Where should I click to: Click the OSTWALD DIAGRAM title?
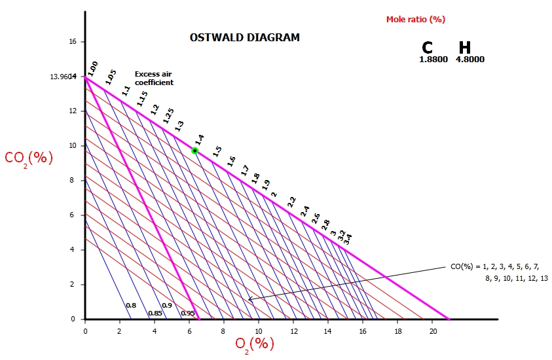coord(244,38)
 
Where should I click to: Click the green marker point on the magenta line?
coord(194,151)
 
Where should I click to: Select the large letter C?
coord(428,48)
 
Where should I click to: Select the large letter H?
coord(464,48)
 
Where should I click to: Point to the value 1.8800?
coord(433,60)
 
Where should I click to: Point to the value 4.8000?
coord(469,60)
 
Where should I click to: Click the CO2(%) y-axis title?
coord(28,158)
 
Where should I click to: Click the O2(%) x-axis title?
coord(254,342)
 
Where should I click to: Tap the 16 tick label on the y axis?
coord(72,42)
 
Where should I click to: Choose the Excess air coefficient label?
coord(154,79)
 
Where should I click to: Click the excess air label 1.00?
coord(93,66)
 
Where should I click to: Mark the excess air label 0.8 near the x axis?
coord(131,306)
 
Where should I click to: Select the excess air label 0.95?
coord(187,314)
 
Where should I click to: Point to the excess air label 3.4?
coord(348,240)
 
